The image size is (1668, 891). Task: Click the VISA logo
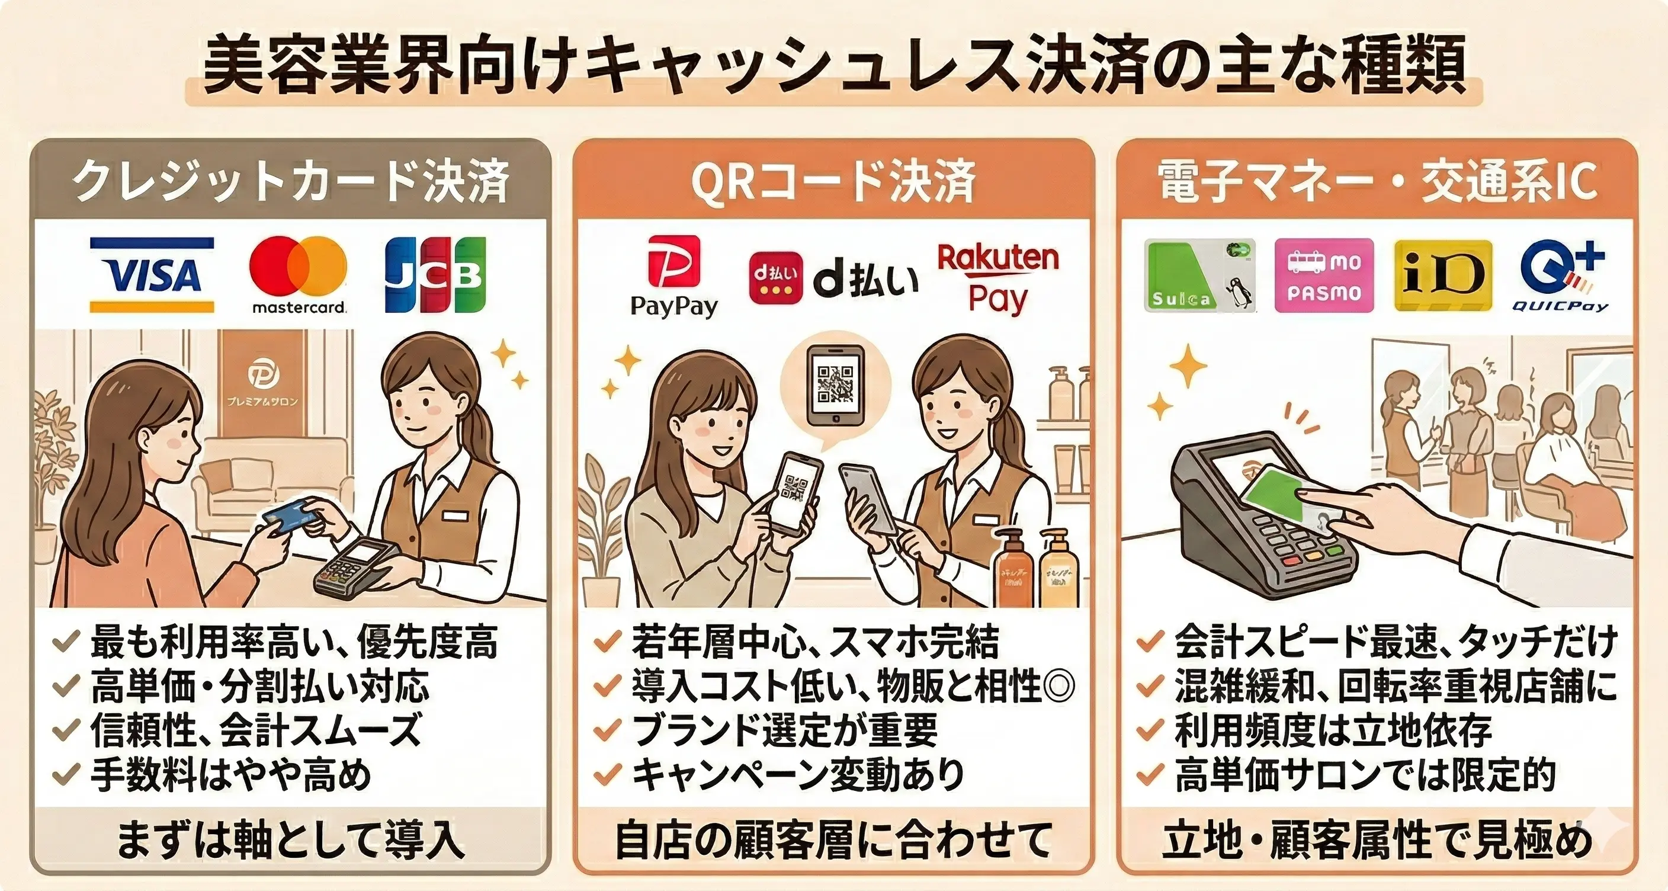click(152, 275)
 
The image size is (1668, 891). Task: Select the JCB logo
click(435, 274)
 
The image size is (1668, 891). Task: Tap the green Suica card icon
click(1199, 276)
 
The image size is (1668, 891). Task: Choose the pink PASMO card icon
click(1323, 276)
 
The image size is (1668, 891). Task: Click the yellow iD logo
click(1443, 276)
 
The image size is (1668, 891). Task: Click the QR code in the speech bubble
click(835, 384)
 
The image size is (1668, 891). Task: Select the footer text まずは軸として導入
click(290, 841)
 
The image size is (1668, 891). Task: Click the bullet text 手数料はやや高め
click(231, 775)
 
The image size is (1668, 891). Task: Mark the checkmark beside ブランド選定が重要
click(607, 731)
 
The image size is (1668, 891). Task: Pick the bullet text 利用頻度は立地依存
click(1333, 731)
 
